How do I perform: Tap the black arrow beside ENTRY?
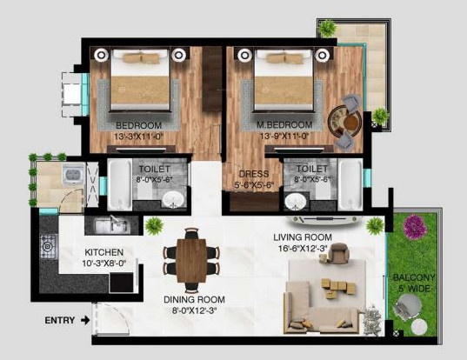click(x=84, y=320)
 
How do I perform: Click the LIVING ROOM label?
click(x=304, y=237)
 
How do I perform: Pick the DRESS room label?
click(x=253, y=174)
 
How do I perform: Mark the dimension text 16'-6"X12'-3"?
click(x=304, y=249)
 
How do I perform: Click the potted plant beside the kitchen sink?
click(x=154, y=225)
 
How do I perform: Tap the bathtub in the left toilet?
click(x=118, y=183)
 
